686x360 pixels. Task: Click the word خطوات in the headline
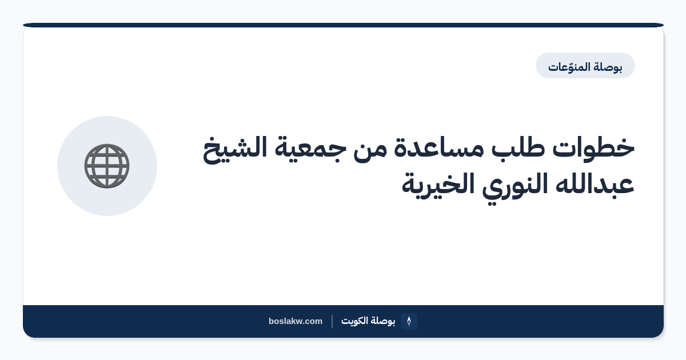pos(593,148)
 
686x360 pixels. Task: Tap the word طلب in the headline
pos(518,148)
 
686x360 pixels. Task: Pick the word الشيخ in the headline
pos(235,149)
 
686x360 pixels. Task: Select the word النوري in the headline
pos(515,186)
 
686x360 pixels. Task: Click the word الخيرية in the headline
pos(438,186)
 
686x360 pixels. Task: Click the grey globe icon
pos(107,166)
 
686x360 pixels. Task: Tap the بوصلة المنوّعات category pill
pos(585,66)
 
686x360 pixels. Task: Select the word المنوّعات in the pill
pos(569,67)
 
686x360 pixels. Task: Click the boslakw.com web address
pos(296,321)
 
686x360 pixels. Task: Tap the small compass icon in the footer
pos(409,321)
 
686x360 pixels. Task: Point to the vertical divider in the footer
pos(332,321)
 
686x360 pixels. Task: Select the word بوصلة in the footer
pos(383,321)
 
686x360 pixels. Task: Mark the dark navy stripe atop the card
pos(344,25)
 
